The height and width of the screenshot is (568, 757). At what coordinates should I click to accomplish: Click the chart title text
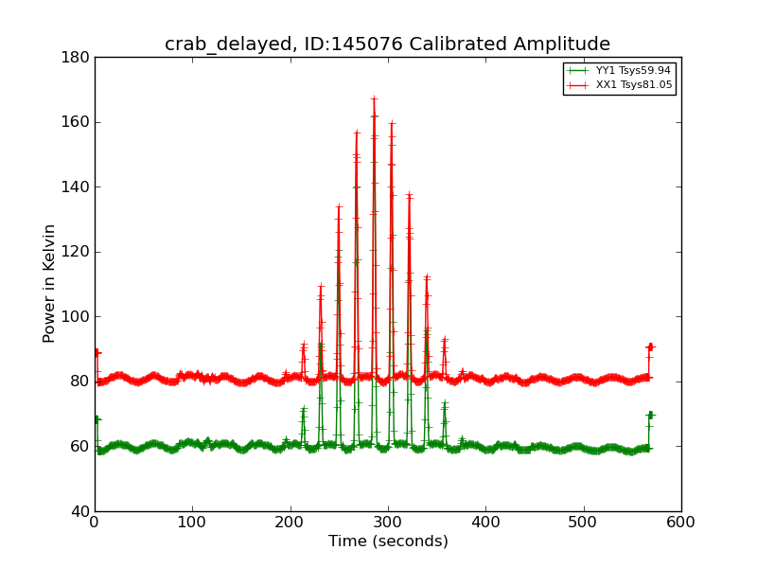pyautogui.click(x=387, y=44)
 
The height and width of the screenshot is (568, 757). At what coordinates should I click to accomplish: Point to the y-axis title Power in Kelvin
pyautogui.click(x=49, y=283)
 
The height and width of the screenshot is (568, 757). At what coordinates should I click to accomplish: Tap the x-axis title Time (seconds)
pyautogui.click(x=388, y=541)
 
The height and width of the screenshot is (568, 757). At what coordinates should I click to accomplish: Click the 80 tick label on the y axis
pyautogui.click(x=80, y=382)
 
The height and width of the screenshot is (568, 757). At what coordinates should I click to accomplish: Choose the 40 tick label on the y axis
pyautogui.click(x=80, y=511)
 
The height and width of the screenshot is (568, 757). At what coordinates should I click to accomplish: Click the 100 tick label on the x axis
pyautogui.click(x=192, y=523)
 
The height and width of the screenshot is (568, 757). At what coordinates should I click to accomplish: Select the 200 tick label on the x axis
pyautogui.click(x=290, y=523)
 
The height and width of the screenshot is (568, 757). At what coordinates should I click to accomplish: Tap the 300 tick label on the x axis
pyautogui.click(x=388, y=523)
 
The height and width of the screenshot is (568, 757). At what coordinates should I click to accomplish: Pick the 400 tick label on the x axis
pyautogui.click(x=485, y=523)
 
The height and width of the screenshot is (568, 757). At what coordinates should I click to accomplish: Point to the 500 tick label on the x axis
pyautogui.click(x=584, y=523)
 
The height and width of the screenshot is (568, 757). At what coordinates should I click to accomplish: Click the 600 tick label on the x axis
pyautogui.click(x=680, y=523)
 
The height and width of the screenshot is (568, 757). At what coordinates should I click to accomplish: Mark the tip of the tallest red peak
pyautogui.click(x=374, y=98)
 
